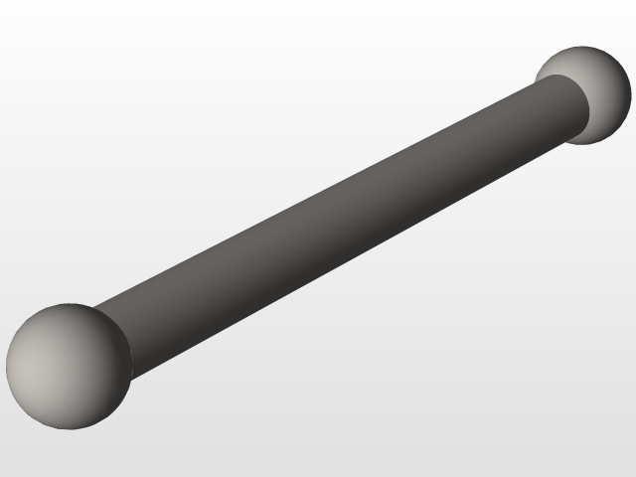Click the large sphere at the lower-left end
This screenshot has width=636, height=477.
click(69, 367)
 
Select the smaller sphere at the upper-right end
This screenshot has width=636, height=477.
click(585, 94)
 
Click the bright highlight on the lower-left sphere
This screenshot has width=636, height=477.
click(45, 348)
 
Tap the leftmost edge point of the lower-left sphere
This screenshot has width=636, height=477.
click(6, 367)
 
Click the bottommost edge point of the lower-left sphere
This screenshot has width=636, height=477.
click(69, 429)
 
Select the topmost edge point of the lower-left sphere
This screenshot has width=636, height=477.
click(69, 304)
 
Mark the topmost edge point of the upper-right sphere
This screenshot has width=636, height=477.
click(585, 46)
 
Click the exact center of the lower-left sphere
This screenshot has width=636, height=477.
click(69, 367)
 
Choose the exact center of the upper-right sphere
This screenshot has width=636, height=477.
click(585, 94)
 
